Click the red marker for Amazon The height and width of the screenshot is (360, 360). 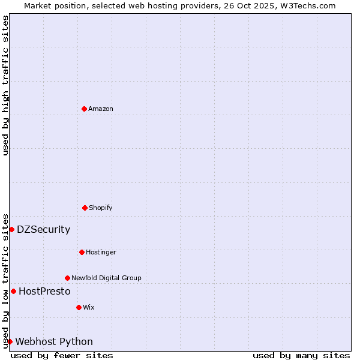[x=84, y=109]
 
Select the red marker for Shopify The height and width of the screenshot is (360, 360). [x=85, y=208]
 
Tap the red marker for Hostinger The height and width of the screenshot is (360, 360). [x=82, y=252]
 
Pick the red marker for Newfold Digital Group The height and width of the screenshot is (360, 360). [x=67, y=278]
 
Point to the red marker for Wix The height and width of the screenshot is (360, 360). [x=79, y=307]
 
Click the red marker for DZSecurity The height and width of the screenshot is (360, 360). [x=11, y=229]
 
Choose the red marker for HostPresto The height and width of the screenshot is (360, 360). [x=13, y=291]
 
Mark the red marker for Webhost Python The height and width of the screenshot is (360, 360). [x=10, y=341]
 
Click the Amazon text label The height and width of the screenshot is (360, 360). [x=101, y=109]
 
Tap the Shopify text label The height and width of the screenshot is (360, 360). [x=101, y=208]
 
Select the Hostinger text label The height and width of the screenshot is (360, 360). [x=101, y=253]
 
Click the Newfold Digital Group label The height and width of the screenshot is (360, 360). [x=106, y=278]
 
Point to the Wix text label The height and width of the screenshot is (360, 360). [x=89, y=308]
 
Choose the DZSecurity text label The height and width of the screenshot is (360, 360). [x=43, y=230]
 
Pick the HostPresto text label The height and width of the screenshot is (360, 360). [x=44, y=292]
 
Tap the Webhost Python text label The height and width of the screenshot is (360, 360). [x=54, y=342]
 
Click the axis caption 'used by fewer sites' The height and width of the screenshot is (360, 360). [x=62, y=355]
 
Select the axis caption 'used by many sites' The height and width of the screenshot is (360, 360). [x=301, y=355]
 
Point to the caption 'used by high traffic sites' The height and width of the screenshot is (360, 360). [x=6, y=85]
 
